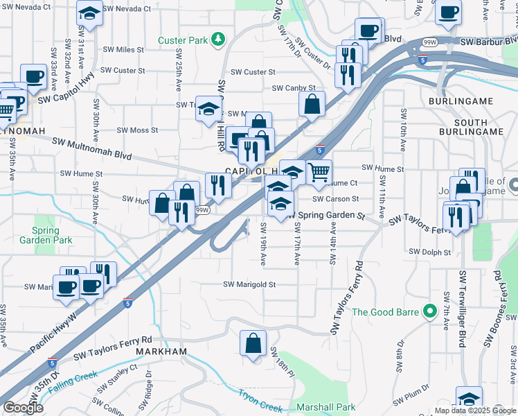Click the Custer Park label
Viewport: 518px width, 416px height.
(183, 40)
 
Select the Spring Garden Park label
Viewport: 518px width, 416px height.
(53, 235)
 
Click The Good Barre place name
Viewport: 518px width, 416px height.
(386, 311)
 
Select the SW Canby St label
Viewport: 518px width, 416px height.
(294, 88)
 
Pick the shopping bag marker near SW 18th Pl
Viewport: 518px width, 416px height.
(253, 344)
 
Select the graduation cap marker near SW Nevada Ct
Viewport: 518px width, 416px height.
(89, 12)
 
